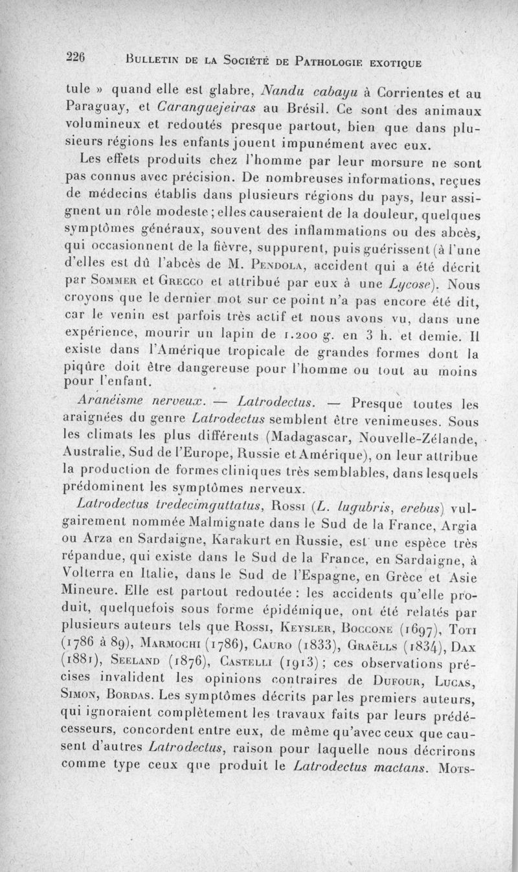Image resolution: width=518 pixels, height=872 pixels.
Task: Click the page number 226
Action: click(76, 56)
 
